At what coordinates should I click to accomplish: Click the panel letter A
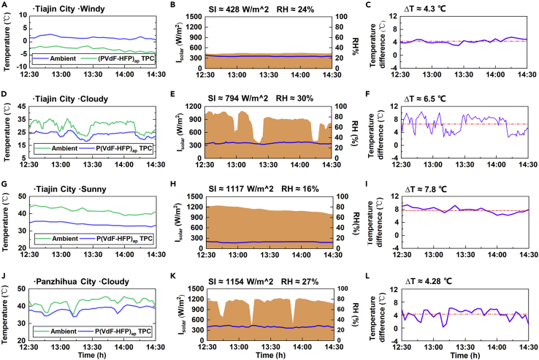click(x=4, y=5)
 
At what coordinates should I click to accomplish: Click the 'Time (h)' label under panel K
click(x=261, y=355)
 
